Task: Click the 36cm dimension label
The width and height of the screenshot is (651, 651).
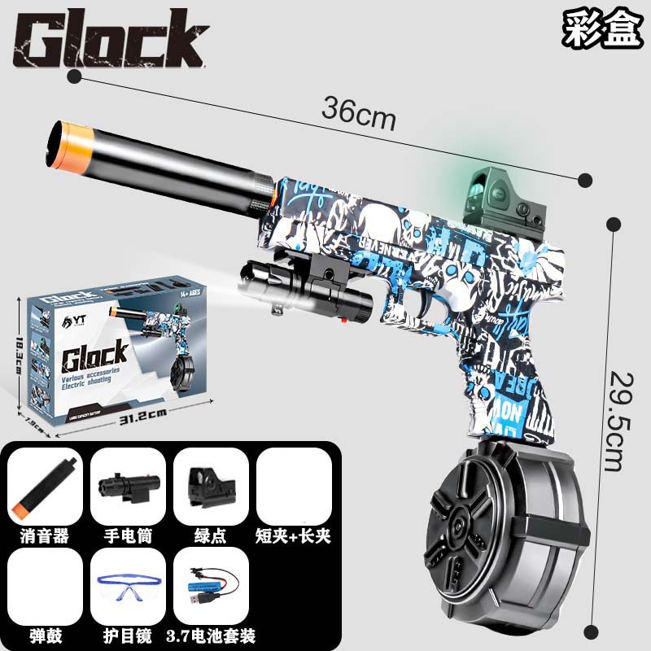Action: (358, 113)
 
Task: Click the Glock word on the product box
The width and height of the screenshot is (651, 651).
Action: (94, 355)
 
